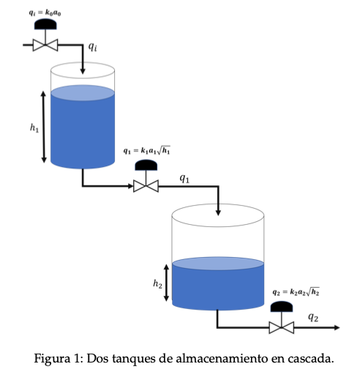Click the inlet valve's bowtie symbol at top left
pos(45,45)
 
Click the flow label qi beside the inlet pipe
pos(93,48)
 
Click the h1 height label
pos(34,128)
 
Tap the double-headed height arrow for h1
pos(45,126)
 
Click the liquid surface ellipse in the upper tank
pos(83,92)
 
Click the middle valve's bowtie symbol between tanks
pos(146,186)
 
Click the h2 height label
pos(157,283)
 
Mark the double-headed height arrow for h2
pos(168,283)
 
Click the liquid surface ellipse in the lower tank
pos(218,264)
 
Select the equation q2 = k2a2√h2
pos(296,291)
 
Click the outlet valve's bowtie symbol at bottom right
pos(281,327)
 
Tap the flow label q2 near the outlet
pos(313,318)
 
